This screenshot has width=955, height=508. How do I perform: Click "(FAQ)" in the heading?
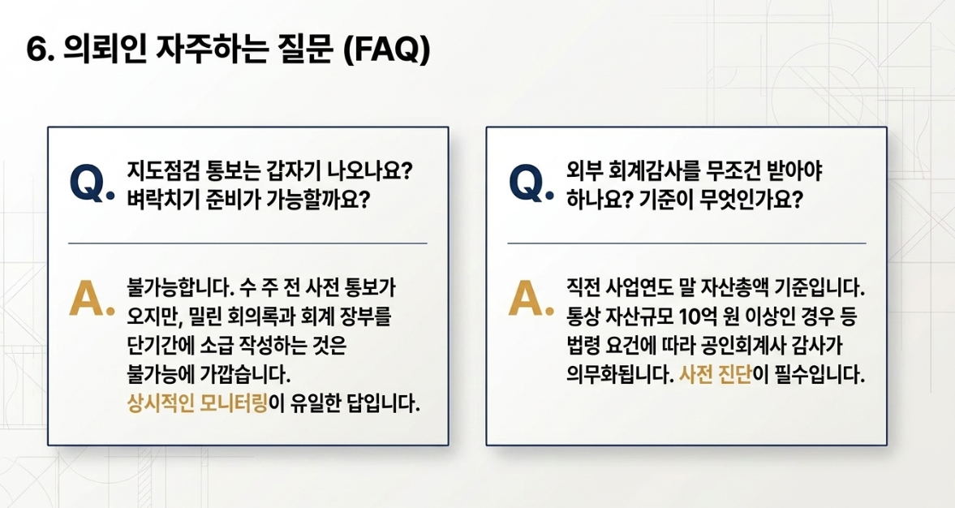(387, 50)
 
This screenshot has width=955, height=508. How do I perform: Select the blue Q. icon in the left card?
(92, 183)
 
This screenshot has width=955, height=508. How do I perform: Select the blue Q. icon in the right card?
(531, 183)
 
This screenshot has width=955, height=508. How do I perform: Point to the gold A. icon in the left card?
(92, 299)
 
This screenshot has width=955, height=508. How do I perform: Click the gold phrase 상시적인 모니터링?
(197, 403)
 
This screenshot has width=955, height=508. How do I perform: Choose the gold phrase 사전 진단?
(715, 373)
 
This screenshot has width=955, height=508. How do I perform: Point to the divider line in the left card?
(247, 243)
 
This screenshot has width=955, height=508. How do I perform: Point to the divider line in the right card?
(686, 243)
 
